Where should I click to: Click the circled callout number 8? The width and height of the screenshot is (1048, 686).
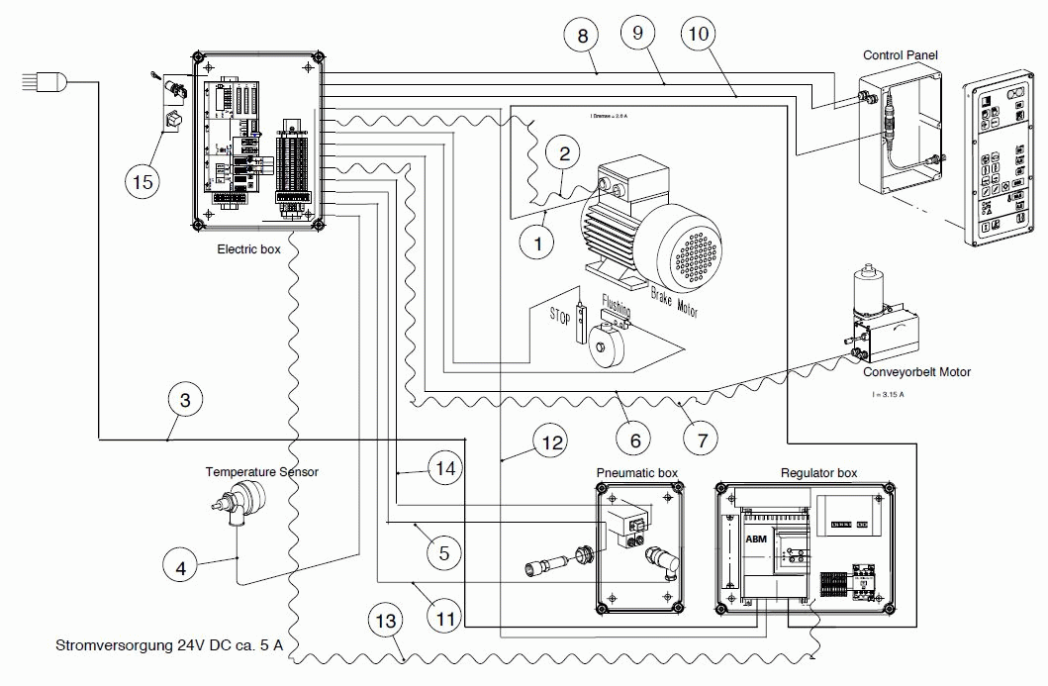click(x=582, y=37)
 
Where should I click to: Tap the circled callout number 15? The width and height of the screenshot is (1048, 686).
click(x=143, y=180)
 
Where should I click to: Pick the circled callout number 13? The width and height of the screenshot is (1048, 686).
click(x=386, y=623)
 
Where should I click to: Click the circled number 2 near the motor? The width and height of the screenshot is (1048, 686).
click(x=564, y=154)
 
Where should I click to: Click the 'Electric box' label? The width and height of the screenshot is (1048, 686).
click(x=248, y=249)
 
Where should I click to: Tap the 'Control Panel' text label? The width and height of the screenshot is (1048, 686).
click(x=900, y=55)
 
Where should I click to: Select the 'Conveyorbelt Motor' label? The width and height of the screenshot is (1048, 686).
click(x=915, y=372)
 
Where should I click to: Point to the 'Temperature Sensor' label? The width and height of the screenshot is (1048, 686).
click(x=261, y=472)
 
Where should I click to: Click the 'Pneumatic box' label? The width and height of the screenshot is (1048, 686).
click(x=636, y=473)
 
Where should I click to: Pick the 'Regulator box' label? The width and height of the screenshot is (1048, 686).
click(x=818, y=473)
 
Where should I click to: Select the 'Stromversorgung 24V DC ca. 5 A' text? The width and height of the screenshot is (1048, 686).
click(x=169, y=645)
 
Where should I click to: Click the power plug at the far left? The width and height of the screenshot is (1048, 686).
click(x=46, y=83)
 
